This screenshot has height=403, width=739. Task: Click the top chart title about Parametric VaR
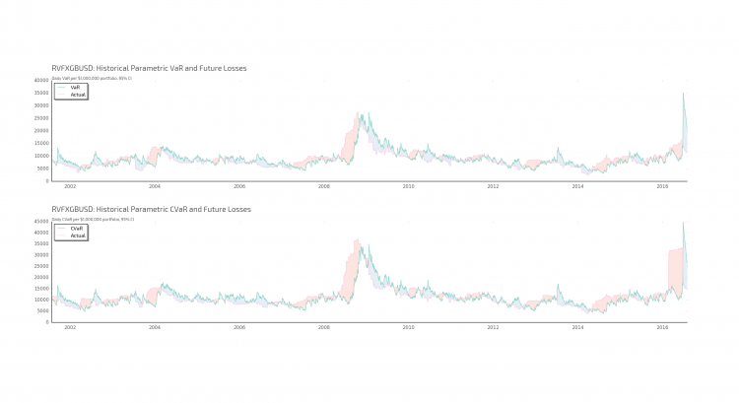pyautogui.click(x=149, y=68)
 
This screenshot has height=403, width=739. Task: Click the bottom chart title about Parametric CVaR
pyautogui.click(x=151, y=210)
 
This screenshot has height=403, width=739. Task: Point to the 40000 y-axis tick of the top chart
pyautogui.click(x=41, y=80)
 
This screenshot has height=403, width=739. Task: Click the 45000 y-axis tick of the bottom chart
pyautogui.click(x=41, y=222)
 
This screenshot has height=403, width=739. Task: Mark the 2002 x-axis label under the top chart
pyautogui.click(x=70, y=186)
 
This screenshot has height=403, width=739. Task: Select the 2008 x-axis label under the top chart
pyautogui.click(x=324, y=186)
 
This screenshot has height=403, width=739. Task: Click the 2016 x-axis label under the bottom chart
pyautogui.click(x=662, y=327)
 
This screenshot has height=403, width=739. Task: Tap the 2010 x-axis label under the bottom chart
pyautogui.click(x=409, y=327)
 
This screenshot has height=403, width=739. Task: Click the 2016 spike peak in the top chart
pyautogui.click(x=683, y=94)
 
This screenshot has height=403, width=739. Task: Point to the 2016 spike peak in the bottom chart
pyautogui.click(x=683, y=223)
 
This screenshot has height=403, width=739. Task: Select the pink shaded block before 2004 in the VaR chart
pyautogui.click(x=155, y=155)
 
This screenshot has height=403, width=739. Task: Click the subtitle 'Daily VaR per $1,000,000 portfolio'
pyautogui.click(x=92, y=77)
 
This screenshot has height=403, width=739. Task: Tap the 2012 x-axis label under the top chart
pyautogui.click(x=493, y=186)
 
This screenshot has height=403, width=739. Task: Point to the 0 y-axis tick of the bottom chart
pyautogui.click(x=46, y=322)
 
